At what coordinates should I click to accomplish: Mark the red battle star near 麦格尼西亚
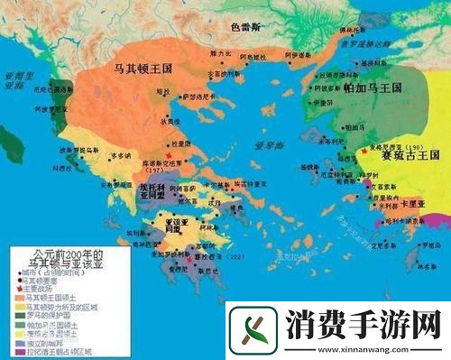[x=364, y=149]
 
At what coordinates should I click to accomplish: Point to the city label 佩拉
[x=164, y=91]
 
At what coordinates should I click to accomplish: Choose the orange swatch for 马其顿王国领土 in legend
[x=18, y=295]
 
